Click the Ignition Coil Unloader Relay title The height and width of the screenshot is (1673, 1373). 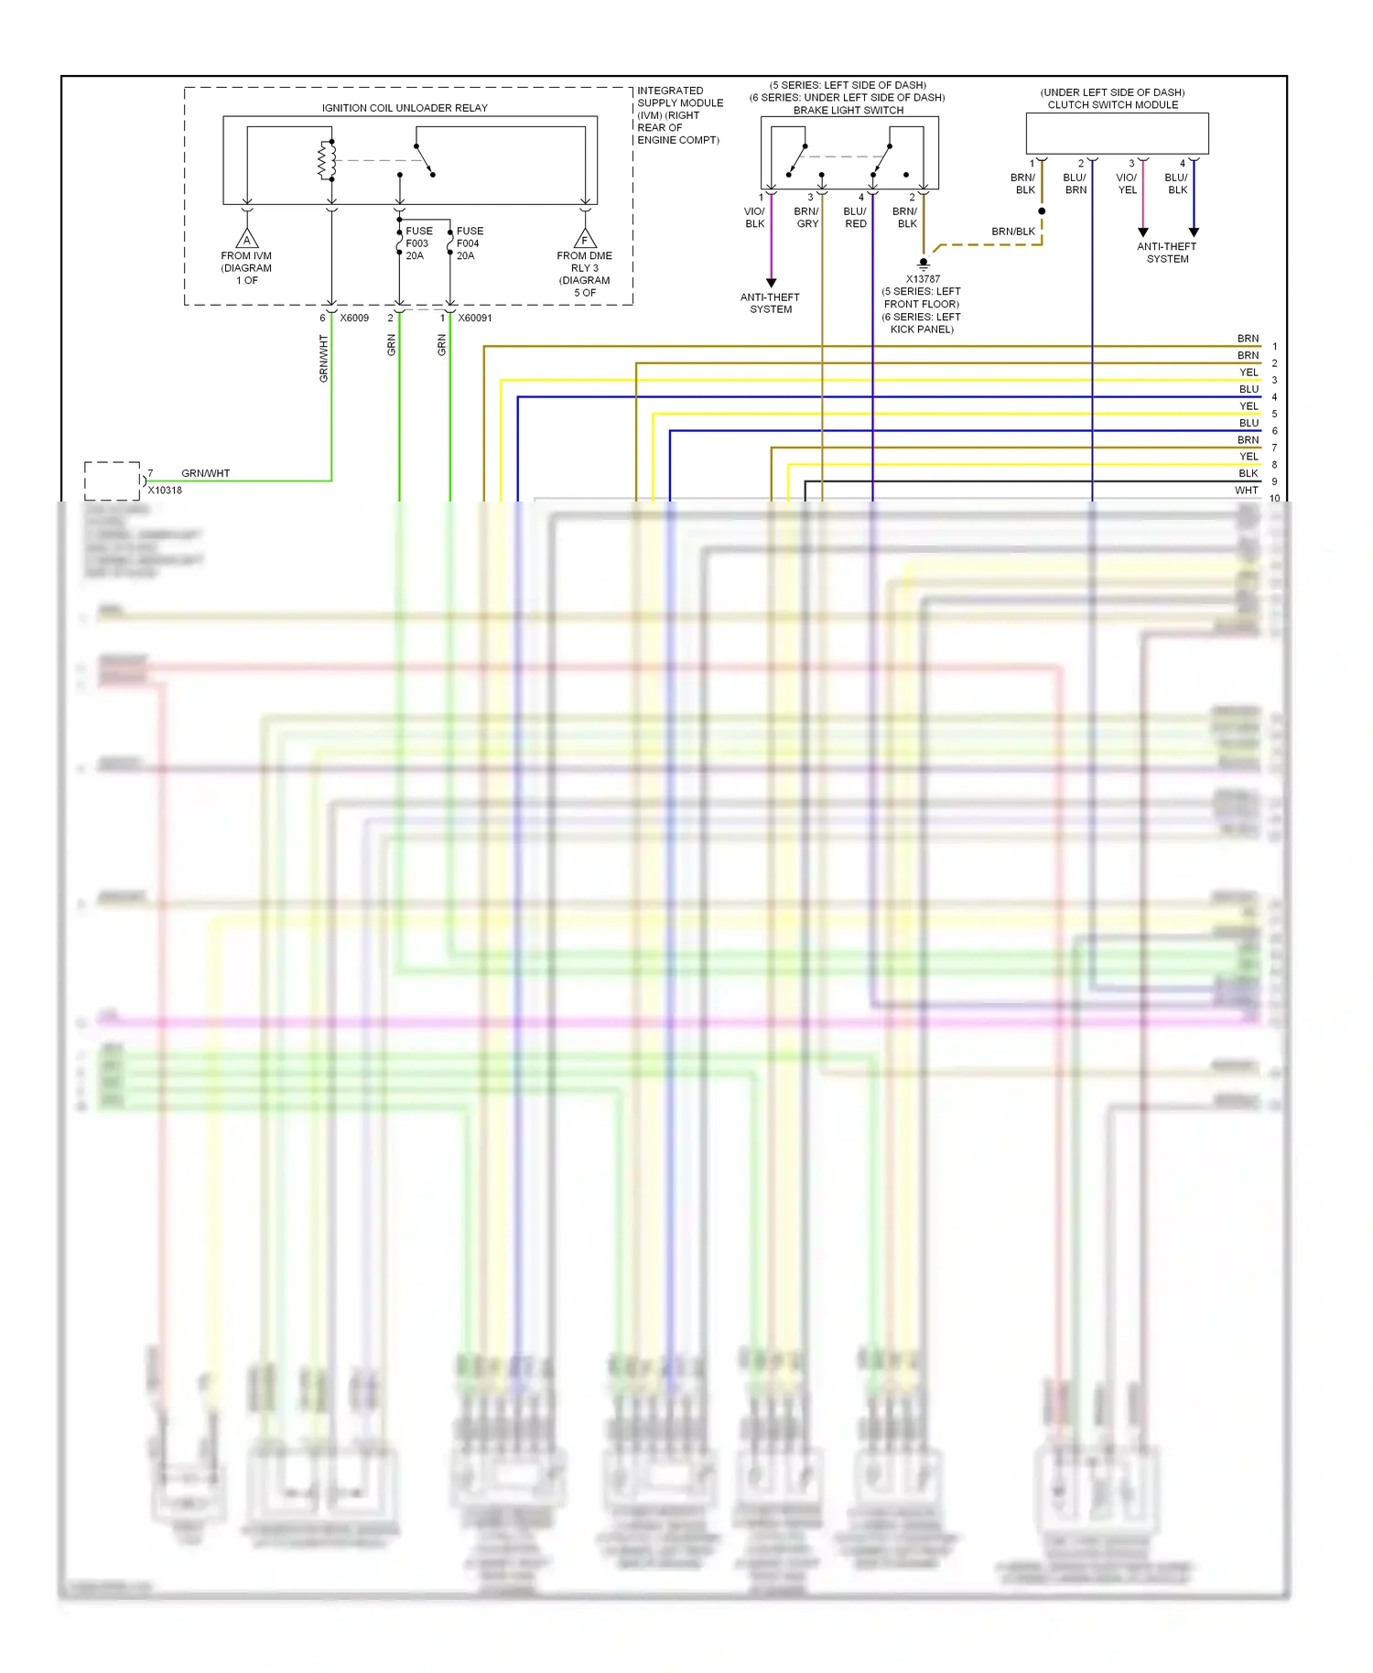[x=405, y=108]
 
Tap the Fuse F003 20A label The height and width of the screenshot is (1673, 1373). [x=418, y=243]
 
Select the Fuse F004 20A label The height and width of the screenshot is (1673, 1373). [x=469, y=243]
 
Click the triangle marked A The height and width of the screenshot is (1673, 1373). [x=246, y=241]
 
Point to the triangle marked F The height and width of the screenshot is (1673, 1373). [x=584, y=241]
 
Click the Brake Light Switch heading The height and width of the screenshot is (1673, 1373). [x=849, y=110]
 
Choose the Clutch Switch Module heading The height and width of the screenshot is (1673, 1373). [x=1113, y=104]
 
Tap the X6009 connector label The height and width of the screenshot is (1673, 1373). [x=354, y=318]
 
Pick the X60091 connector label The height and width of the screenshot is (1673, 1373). [x=475, y=318]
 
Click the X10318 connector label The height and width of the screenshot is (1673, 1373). [x=165, y=491]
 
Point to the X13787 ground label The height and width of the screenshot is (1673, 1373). [x=923, y=279]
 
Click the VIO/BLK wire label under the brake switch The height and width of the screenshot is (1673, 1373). [x=755, y=218]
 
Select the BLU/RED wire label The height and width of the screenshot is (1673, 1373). [x=855, y=218]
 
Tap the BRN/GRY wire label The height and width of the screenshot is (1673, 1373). [x=806, y=218]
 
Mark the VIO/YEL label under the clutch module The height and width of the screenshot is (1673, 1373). [x=1127, y=184]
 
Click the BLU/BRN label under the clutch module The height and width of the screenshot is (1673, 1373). [x=1076, y=184]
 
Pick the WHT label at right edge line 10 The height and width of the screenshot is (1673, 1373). [x=1246, y=491]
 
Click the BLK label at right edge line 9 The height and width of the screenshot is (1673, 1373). [x=1248, y=473]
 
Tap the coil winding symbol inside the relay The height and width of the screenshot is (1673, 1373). [x=323, y=161]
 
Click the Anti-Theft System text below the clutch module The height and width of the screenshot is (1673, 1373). [x=1167, y=253]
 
